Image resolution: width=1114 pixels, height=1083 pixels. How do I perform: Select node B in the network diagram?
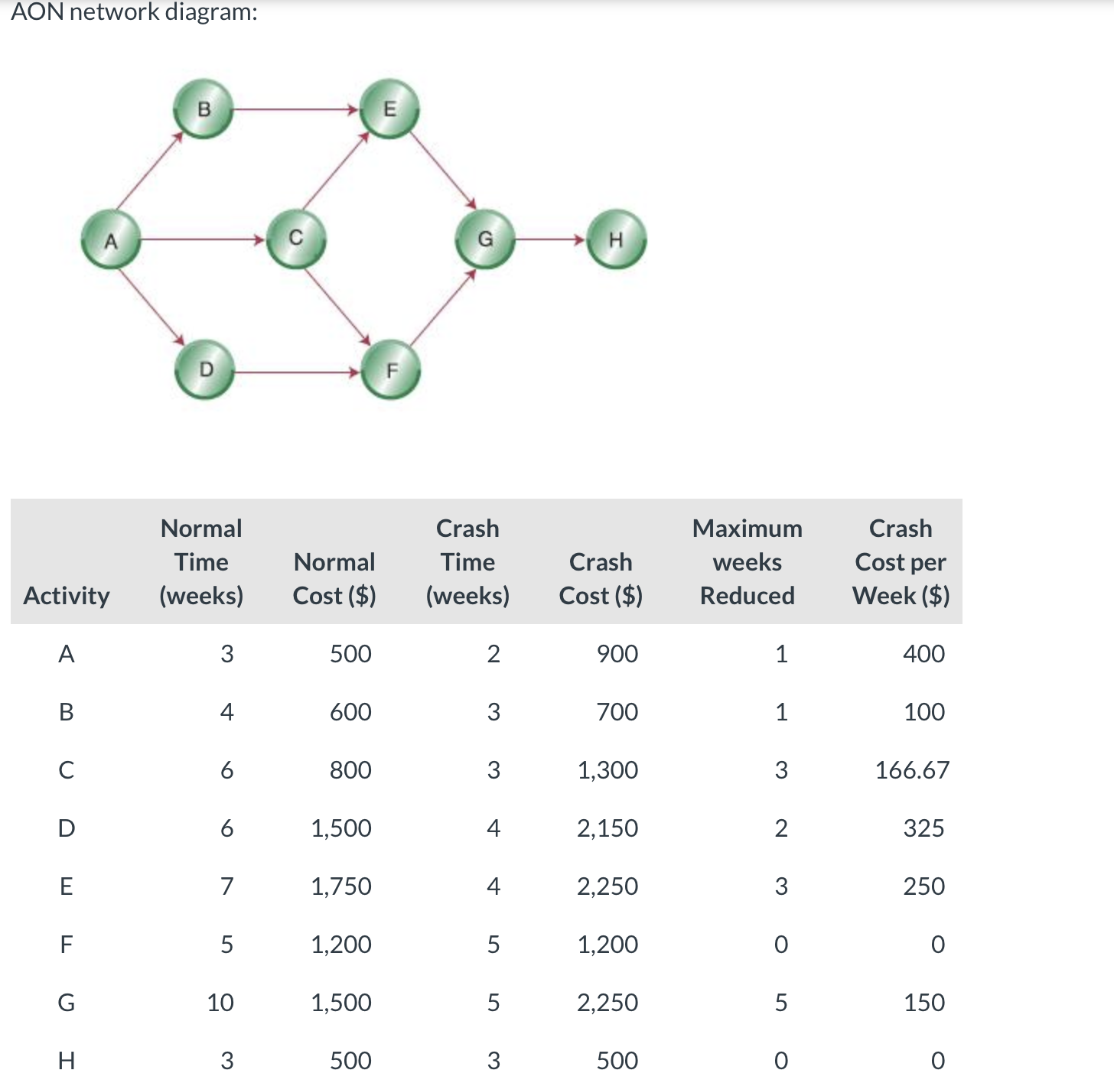204,109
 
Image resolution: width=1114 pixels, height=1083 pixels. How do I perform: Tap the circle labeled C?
296,239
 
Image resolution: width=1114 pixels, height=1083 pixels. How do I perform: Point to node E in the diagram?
389,109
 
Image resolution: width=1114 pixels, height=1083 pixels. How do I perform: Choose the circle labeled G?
485,239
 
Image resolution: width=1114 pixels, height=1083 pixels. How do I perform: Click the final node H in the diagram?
616,239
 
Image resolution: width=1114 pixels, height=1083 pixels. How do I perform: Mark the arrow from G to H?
551,239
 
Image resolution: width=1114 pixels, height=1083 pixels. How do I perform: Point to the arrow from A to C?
204,239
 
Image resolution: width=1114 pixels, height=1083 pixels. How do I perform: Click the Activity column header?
67,595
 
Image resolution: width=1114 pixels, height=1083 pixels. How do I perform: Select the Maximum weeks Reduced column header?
747,561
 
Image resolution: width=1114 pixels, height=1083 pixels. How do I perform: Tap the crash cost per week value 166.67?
912,769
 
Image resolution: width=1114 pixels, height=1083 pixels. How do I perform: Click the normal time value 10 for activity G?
220,1002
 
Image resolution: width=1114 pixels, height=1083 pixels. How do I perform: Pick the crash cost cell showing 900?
617,653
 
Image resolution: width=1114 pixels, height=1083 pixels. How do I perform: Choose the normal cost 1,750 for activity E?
341,886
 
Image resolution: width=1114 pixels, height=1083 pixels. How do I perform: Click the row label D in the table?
67,828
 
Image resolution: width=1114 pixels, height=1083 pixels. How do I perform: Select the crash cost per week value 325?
923,828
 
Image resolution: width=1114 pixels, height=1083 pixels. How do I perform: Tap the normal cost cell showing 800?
350,769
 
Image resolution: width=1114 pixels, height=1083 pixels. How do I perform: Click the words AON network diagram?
134,12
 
